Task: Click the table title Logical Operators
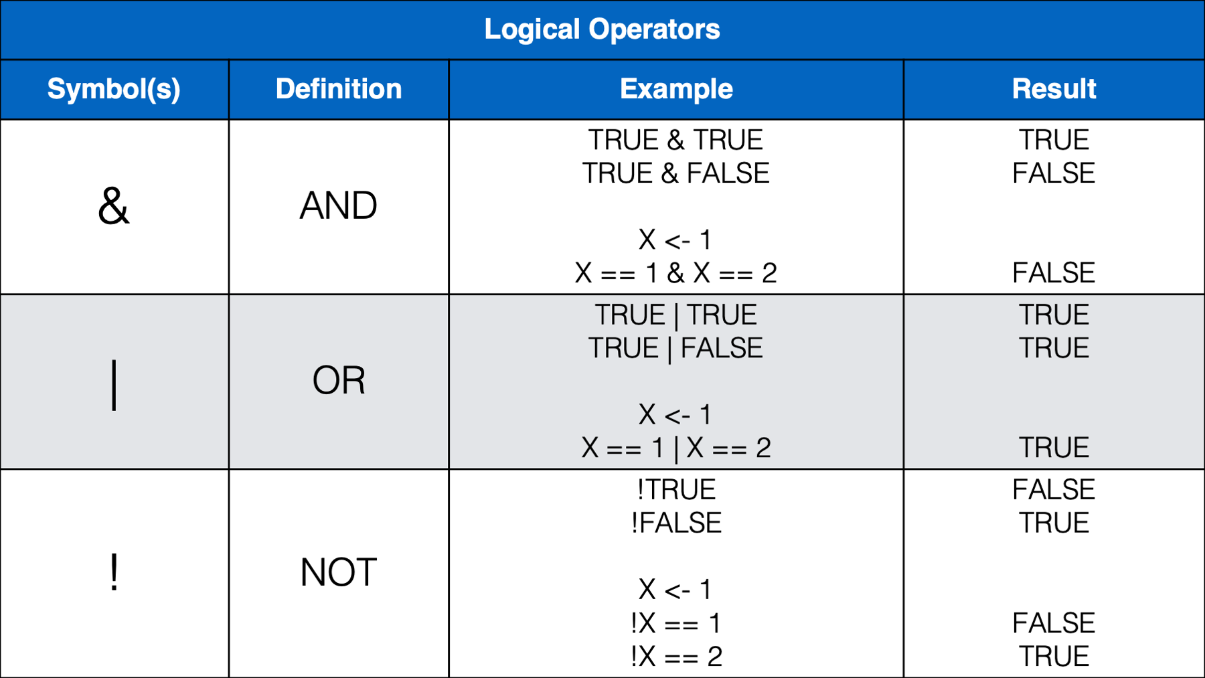click(x=602, y=29)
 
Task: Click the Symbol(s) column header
click(x=114, y=89)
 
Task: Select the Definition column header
click(x=339, y=89)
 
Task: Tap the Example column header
click(x=676, y=89)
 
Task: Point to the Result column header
click(x=1054, y=89)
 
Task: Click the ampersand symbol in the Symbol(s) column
click(x=114, y=205)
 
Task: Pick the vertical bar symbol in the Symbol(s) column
click(x=114, y=384)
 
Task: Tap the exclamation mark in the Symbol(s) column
click(x=114, y=572)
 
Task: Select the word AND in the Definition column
click(x=339, y=205)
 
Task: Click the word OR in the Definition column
click(x=339, y=380)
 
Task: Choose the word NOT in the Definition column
click(x=339, y=572)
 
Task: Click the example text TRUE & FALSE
click(x=676, y=173)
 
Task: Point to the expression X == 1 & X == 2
click(x=676, y=273)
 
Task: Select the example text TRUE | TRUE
click(x=676, y=315)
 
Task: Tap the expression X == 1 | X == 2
click(x=676, y=448)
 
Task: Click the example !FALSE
click(x=676, y=523)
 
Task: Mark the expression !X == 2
click(x=676, y=657)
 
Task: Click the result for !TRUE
click(x=1054, y=490)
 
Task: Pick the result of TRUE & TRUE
click(x=1054, y=140)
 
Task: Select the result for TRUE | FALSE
click(x=1054, y=348)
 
